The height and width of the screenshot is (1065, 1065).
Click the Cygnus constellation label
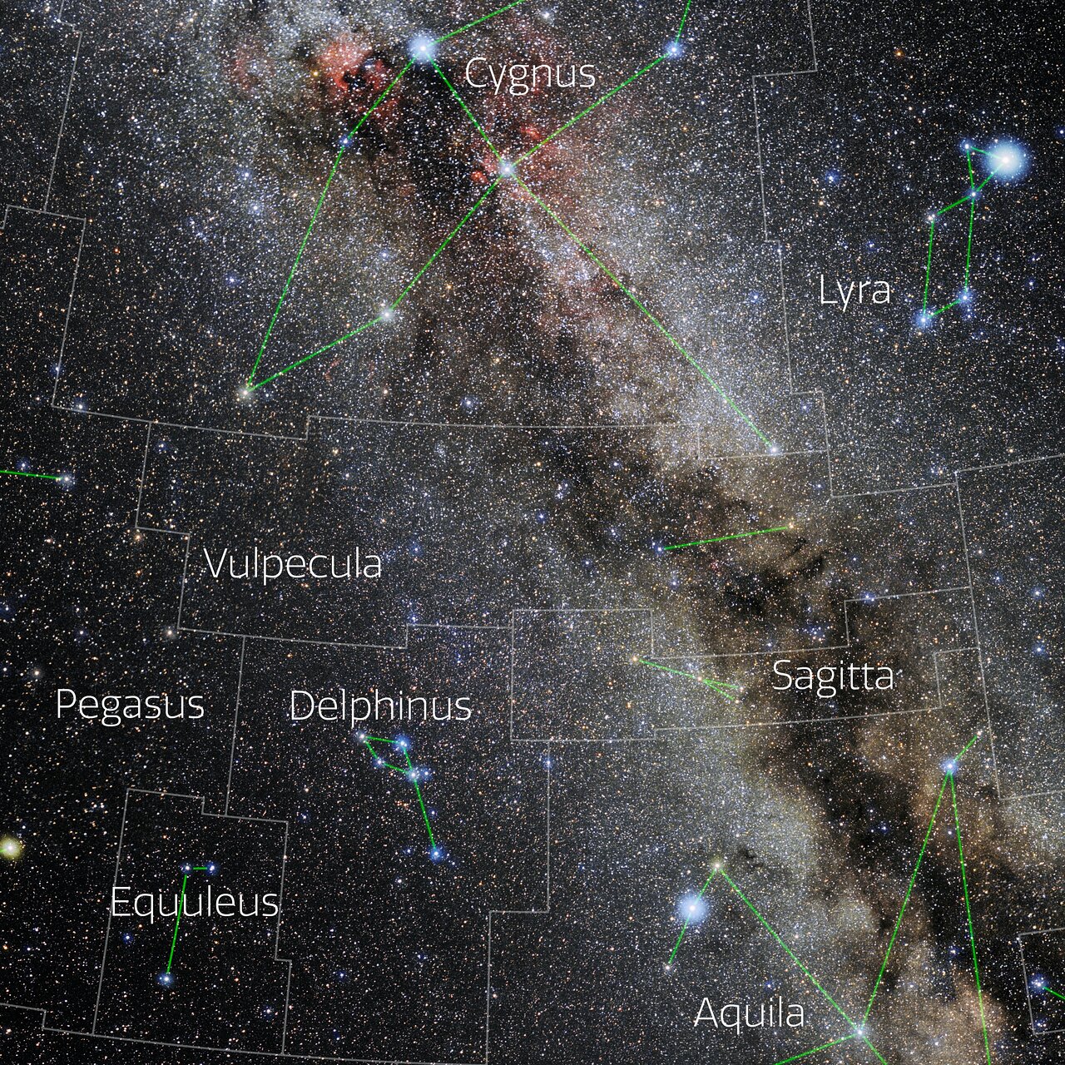tap(530, 73)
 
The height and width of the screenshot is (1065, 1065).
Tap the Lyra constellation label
tap(854, 290)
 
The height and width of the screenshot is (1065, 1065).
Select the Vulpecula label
tap(293, 564)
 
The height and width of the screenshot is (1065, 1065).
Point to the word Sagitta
tap(833, 676)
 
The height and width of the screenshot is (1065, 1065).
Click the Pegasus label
tap(130, 705)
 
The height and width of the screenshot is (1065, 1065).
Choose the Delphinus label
tap(380, 706)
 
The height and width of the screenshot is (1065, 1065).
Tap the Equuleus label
tap(195, 902)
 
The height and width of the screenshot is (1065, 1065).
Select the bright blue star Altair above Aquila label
tap(691, 907)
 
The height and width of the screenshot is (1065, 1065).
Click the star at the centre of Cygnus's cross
tap(507, 169)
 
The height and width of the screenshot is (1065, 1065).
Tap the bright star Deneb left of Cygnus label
tap(422, 49)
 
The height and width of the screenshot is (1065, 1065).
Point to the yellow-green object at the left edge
tap(9, 848)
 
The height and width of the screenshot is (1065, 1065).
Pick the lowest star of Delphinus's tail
tap(434, 853)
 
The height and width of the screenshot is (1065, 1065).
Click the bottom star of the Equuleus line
tap(167, 979)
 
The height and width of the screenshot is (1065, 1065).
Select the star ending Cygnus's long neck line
tap(773, 449)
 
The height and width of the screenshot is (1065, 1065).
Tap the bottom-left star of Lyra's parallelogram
tap(924, 318)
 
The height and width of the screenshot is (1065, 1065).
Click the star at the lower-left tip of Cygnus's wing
tap(246, 389)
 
